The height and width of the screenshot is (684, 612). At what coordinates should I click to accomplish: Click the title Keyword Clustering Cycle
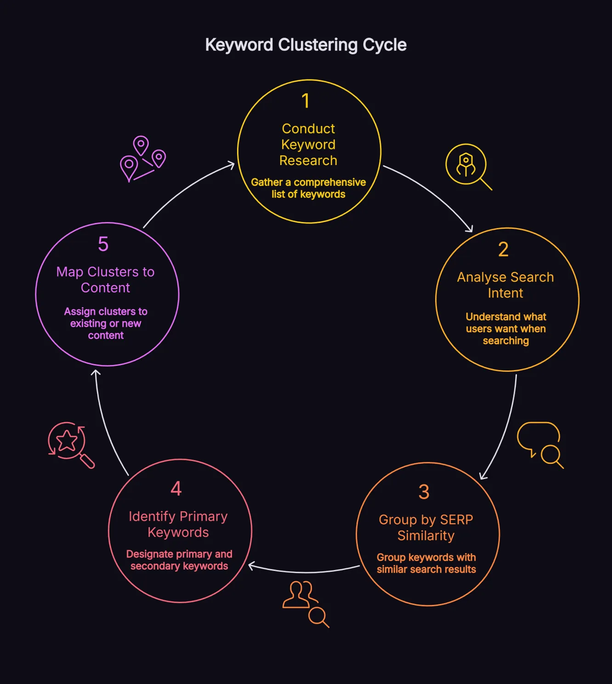pos(306,45)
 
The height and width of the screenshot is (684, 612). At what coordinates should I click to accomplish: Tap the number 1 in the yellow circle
pos(306,101)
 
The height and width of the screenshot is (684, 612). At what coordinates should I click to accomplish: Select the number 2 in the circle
pos(503,250)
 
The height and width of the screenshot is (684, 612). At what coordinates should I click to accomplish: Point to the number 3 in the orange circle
pos(424,492)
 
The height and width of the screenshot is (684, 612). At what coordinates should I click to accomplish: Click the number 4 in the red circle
pos(176,489)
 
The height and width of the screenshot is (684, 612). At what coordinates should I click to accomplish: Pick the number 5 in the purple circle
pos(103,244)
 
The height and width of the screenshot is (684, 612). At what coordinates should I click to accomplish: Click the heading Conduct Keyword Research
pos(308,144)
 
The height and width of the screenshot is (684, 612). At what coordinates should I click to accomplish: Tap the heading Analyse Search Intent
pos(505,285)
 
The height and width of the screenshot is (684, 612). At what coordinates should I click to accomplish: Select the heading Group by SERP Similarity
pos(426,527)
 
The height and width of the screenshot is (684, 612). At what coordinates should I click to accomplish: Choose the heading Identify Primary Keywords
pos(178,524)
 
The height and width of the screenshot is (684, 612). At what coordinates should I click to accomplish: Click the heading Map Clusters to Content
pos(105,279)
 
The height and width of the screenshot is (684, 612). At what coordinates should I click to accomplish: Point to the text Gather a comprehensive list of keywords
pos(308,188)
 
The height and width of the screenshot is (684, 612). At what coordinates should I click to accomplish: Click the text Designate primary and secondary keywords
pos(179,560)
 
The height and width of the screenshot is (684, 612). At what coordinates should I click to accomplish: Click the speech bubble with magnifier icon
pos(540,444)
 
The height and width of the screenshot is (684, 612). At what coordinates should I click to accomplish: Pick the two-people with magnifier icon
pos(305,604)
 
